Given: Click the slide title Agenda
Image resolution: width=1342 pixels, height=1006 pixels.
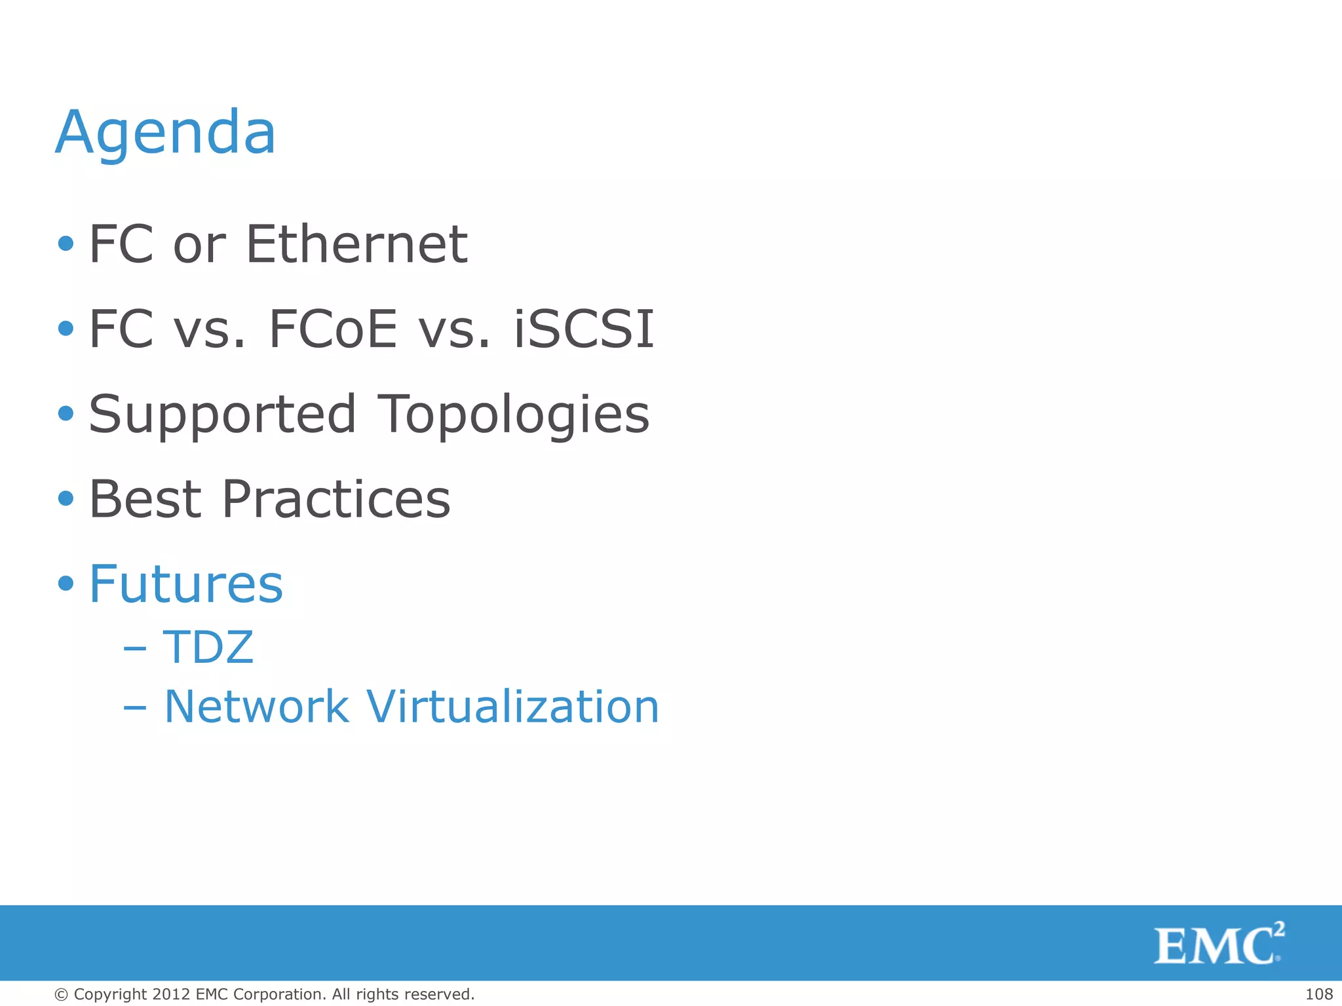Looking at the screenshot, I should (x=166, y=134).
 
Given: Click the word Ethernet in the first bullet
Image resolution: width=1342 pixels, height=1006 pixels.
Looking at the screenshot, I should (x=356, y=244).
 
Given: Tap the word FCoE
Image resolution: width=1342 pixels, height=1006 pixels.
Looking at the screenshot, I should (x=333, y=329).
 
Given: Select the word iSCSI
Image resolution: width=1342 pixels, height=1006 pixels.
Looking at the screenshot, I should (x=584, y=329).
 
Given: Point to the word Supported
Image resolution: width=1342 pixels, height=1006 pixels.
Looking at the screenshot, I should (x=223, y=415).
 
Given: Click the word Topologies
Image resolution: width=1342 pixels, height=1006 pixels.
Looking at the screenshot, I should (x=514, y=415).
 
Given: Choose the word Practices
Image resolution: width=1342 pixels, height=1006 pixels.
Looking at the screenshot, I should (x=336, y=499).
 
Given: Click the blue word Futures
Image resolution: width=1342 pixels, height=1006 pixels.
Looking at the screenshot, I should (x=186, y=584).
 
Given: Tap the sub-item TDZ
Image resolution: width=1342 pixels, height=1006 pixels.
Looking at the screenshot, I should (x=208, y=647).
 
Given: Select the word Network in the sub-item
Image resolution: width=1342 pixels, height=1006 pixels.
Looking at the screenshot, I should (x=256, y=707).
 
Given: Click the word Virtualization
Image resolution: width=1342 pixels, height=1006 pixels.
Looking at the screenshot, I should (x=512, y=707).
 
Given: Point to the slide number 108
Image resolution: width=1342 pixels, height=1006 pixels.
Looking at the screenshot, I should (x=1318, y=994).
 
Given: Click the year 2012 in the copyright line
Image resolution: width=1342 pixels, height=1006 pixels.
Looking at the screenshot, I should (x=172, y=994).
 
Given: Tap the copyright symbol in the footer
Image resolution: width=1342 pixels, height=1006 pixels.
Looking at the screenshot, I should (x=62, y=995).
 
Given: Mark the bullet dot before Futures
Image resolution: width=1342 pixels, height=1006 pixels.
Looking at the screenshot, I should (x=66, y=583).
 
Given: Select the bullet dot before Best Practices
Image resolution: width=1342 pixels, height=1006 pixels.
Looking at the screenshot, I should (x=66, y=498).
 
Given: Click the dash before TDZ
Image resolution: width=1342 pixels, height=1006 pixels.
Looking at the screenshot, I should (x=134, y=649).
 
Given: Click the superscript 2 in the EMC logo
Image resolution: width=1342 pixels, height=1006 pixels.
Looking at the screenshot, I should (x=1279, y=929).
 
